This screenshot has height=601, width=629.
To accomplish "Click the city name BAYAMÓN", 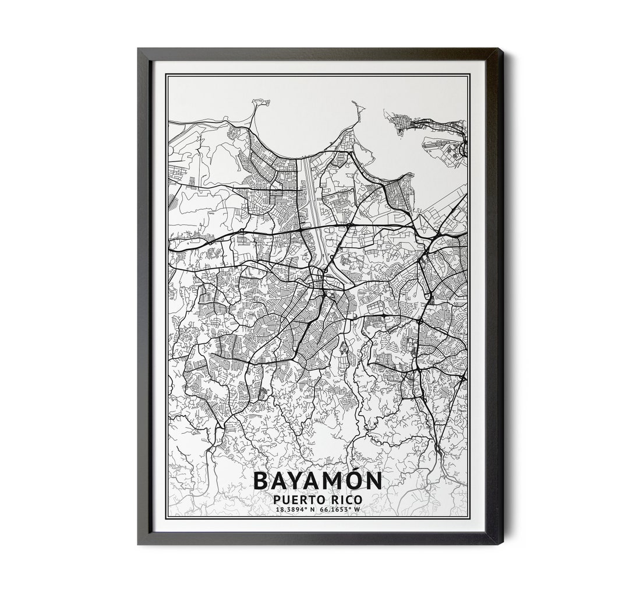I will [x=318, y=481].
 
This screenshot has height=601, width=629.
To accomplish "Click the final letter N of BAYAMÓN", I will [x=374, y=481].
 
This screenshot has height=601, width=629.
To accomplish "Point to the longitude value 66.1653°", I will [x=336, y=509].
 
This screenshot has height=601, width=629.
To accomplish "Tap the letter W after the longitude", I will [x=358, y=509].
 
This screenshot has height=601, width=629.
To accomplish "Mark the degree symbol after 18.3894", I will [x=306, y=508].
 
